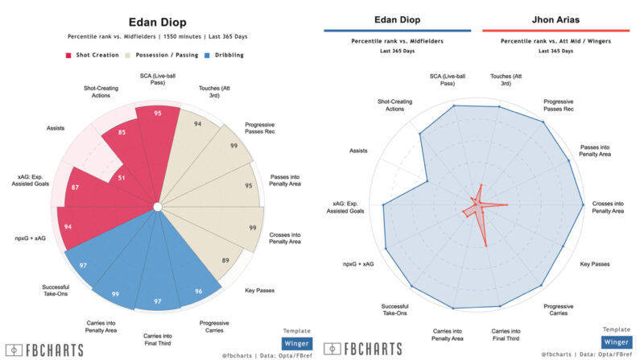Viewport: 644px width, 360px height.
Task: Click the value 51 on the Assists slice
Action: point(122,177)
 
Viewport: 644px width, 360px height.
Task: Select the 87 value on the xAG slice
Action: point(76,187)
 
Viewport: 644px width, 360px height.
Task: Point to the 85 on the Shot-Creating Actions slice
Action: point(122,132)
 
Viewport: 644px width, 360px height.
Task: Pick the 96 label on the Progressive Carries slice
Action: point(198,291)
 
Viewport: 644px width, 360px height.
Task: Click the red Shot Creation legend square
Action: point(70,56)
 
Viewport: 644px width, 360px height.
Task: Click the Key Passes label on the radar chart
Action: point(594,264)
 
